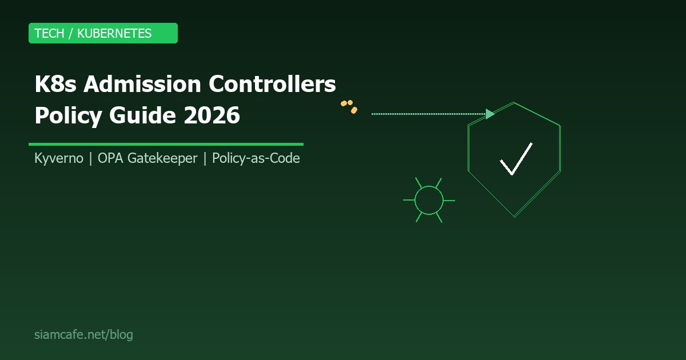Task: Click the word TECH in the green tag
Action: [x=49, y=33]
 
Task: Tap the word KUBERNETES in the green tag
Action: [x=114, y=33]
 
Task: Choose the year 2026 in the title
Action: [x=212, y=115]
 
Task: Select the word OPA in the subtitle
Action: [x=109, y=158]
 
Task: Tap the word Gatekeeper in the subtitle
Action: [x=162, y=158]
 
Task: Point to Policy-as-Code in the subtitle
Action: [x=256, y=158]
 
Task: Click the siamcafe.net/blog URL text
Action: [x=83, y=335]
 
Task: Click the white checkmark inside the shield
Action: [x=516, y=159]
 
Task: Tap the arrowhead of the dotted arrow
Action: [x=490, y=114]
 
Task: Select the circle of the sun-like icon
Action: [x=429, y=200]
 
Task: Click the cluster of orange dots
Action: [x=349, y=106]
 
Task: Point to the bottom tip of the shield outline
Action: [x=514, y=216]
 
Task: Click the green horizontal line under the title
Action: [x=166, y=144]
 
